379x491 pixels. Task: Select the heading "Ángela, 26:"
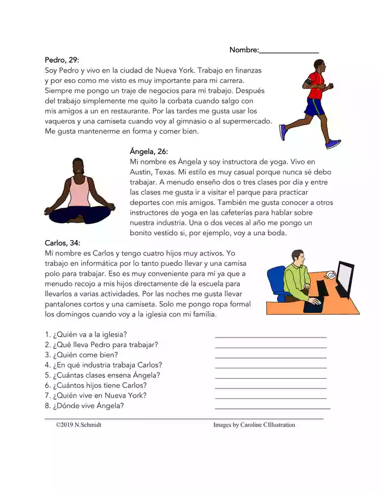(x=149, y=151)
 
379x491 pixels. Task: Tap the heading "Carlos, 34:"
(x=63, y=243)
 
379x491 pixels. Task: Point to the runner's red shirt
(x=315, y=87)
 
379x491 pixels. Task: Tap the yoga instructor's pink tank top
(x=80, y=194)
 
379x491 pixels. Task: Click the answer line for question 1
(x=270, y=336)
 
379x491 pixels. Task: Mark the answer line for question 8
(x=272, y=408)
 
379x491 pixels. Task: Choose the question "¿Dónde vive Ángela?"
(x=88, y=406)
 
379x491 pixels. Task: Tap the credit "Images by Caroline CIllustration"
(x=254, y=424)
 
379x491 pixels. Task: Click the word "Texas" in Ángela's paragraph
(x=168, y=172)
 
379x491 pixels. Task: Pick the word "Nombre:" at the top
(x=244, y=50)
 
